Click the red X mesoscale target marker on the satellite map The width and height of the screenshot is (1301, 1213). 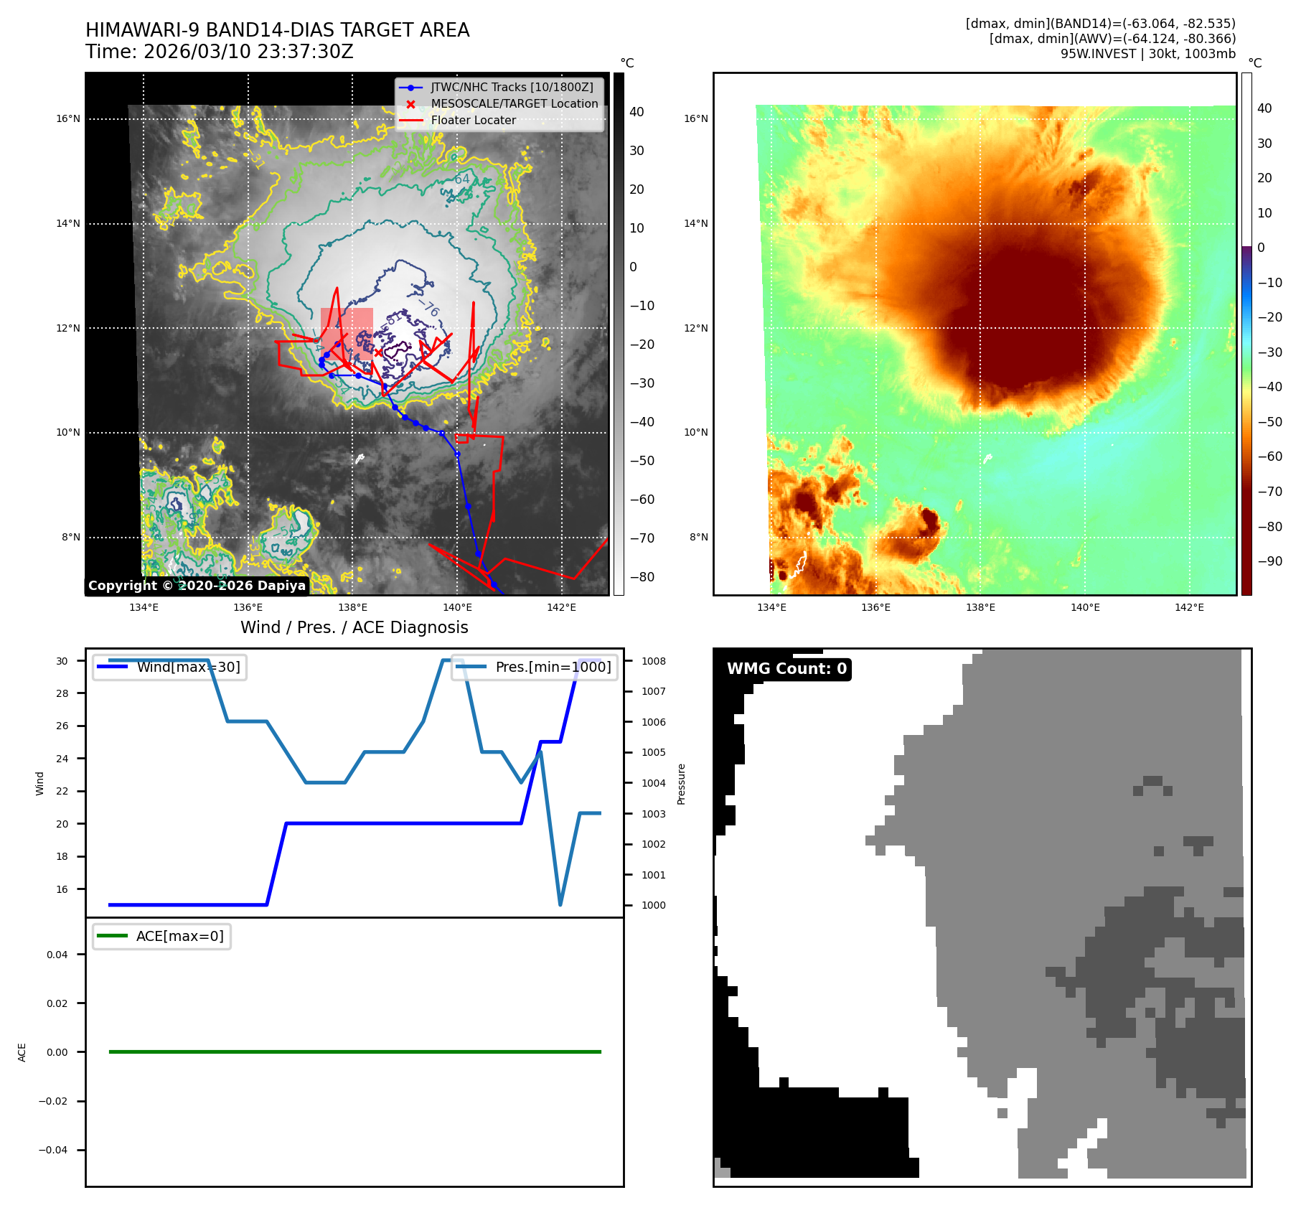pos(378,352)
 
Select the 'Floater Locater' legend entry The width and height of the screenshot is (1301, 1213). pos(473,121)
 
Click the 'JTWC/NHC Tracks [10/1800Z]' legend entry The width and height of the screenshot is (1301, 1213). pos(512,88)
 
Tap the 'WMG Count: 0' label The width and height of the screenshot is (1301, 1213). pos(786,669)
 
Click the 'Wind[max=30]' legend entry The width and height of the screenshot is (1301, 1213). pos(188,668)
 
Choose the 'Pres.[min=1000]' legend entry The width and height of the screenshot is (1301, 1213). pos(553,668)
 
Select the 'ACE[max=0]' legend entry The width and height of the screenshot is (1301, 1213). pos(179,937)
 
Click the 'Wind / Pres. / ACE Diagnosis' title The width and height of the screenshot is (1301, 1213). pos(354,628)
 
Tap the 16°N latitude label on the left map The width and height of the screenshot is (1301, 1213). pos(68,119)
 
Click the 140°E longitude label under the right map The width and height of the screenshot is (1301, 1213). pos(1085,608)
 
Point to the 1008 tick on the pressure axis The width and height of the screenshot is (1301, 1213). pos(653,661)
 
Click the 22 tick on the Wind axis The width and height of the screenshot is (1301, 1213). pos(62,791)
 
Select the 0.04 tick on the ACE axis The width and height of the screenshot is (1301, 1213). pos(57,955)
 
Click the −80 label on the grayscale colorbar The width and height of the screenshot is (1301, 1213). pos(642,577)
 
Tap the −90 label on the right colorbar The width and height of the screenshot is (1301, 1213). pos(1269,561)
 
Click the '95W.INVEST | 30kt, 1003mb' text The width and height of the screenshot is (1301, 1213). pos(1148,54)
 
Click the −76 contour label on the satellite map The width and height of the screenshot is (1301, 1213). pos(429,309)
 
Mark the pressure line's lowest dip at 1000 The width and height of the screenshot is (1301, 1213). pos(560,904)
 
